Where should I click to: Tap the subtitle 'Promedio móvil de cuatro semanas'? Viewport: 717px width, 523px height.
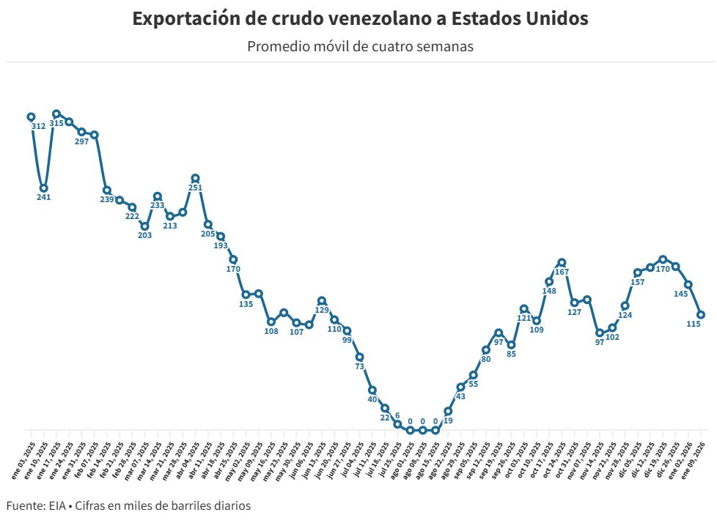[x=360, y=46]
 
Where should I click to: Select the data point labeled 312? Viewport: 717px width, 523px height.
[x=31, y=116]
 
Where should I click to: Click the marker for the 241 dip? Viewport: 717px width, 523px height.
[x=43, y=188]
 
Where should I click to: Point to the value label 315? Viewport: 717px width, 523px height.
[x=56, y=124]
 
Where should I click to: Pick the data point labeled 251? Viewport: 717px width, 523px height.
[x=195, y=178]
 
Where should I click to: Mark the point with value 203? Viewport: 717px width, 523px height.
[x=144, y=226]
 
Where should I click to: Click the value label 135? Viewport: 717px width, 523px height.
[x=246, y=304]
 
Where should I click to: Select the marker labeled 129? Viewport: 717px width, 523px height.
[x=322, y=300]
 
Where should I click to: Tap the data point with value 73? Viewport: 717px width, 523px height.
[x=360, y=357]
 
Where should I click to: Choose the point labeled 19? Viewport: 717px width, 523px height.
[x=448, y=411]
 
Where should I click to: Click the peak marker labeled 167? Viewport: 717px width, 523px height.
[x=562, y=262]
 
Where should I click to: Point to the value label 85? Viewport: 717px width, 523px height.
[x=511, y=355]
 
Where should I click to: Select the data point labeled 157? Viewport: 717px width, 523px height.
[x=638, y=272]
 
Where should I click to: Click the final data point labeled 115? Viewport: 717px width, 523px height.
[x=701, y=314]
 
